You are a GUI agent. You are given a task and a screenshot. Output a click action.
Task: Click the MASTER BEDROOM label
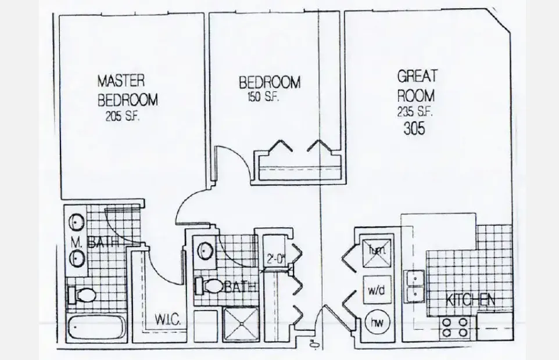[x=127, y=89]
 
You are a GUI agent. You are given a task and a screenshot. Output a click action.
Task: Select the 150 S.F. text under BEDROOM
[x=260, y=98]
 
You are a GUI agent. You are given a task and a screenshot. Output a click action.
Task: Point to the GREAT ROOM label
[x=417, y=85]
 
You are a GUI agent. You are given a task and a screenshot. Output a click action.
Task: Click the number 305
[x=414, y=128]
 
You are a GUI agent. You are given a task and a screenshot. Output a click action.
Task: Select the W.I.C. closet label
[x=170, y=319]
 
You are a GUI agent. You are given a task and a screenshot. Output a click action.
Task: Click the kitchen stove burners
[x=456, y=327]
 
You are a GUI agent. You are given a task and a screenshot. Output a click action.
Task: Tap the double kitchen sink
[x=415, y=286]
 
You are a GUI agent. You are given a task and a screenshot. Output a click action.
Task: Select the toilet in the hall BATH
[x=208, y=286]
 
